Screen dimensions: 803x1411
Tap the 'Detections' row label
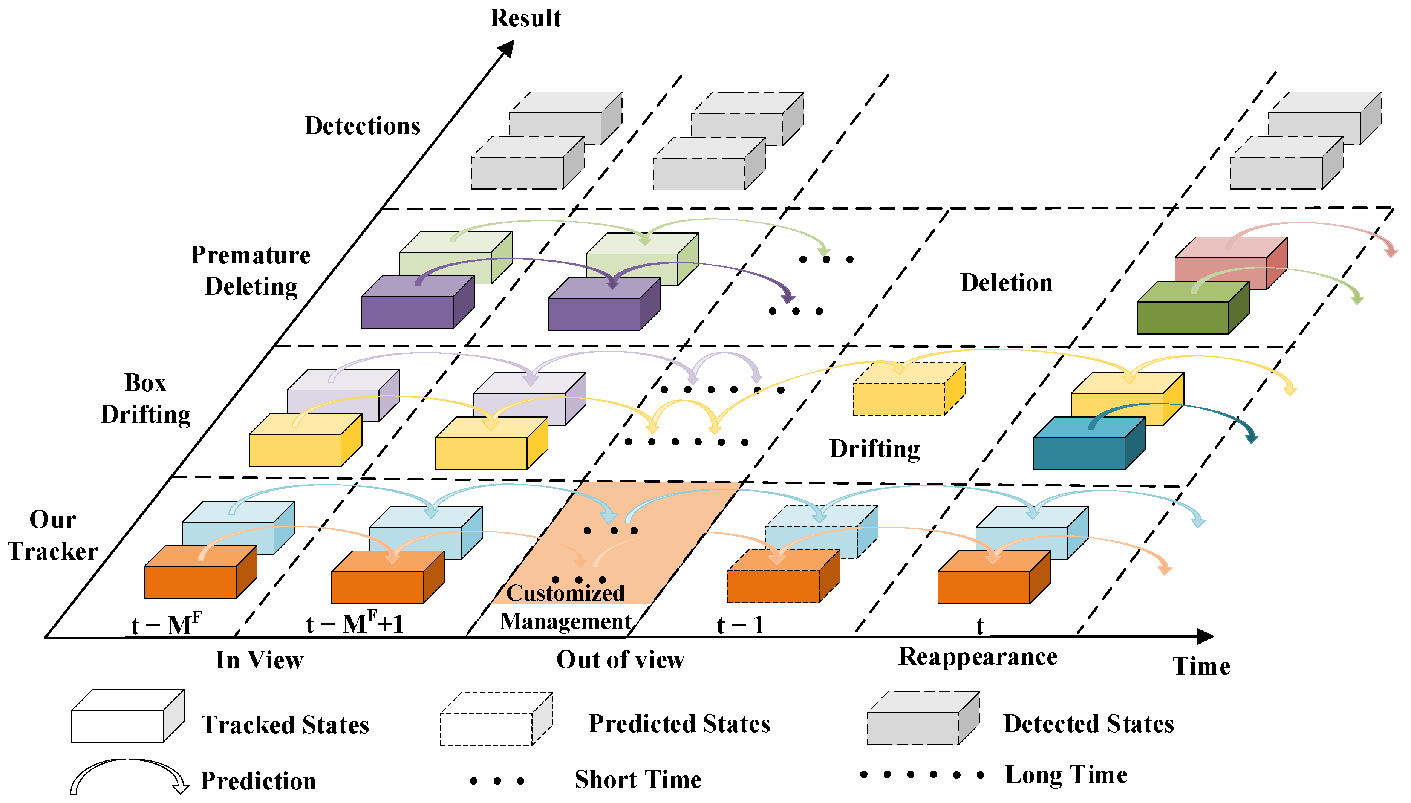(x=363, y=126)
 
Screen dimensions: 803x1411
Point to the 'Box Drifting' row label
(x=145, y=399)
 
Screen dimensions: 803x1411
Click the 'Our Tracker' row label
(x=53, y=535)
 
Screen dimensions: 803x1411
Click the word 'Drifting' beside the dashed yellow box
(x=875, y=449)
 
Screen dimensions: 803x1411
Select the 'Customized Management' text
(x=565, y=607)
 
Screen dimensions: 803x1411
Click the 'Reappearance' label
(x=978, y=657)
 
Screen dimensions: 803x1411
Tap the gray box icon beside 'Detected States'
(x=922, y=719)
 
